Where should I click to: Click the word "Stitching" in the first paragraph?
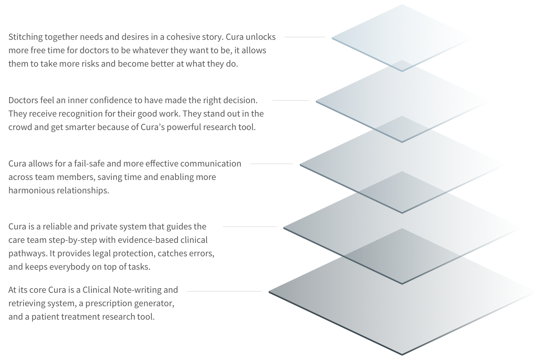[x=25, y=37]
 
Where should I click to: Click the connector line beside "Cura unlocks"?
[x=305, y=37]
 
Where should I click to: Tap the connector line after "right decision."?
[x=291, y=100]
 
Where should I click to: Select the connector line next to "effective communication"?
[x=272, y=164]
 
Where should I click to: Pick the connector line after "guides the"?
[x=250, y=227]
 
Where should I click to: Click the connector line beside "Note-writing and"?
[x=224, y=291]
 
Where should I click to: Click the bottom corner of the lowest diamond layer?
[x=402, y=355]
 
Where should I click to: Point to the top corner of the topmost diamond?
[x=402, y=5]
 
